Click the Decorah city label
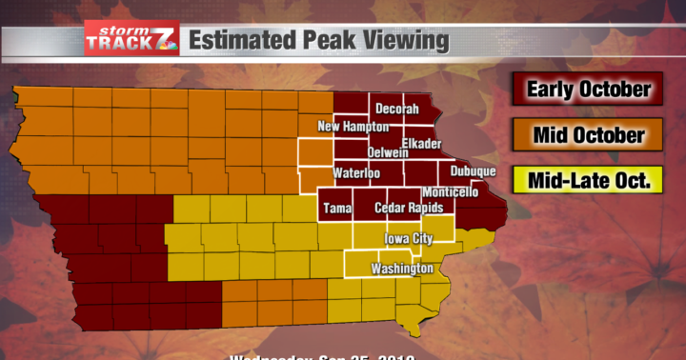(x=396, y=110)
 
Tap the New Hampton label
(x=353, y=127)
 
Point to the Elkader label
(x=421, y=143)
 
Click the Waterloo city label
(x=357, y=173)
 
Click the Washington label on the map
(x=404, y=269)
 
